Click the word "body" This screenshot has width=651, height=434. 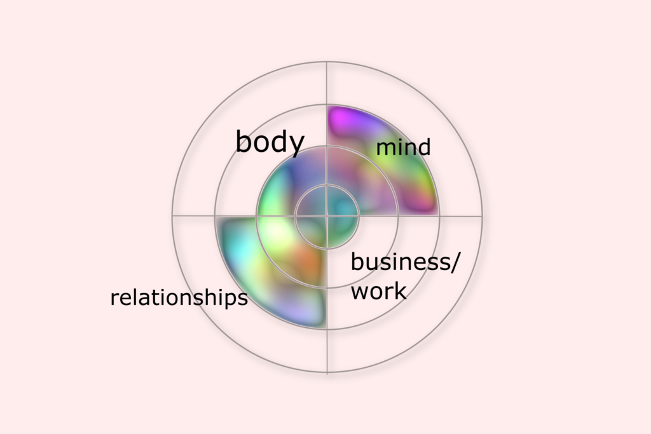270,142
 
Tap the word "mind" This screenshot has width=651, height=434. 403,147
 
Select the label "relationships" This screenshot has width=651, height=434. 179,297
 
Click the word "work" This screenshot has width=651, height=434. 379,292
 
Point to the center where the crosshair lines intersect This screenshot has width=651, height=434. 327,217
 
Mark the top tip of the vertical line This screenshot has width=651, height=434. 327,62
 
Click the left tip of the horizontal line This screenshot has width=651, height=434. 172,217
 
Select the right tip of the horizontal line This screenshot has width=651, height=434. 481,217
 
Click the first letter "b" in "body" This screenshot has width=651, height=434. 243,142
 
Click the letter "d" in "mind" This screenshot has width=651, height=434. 424,147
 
